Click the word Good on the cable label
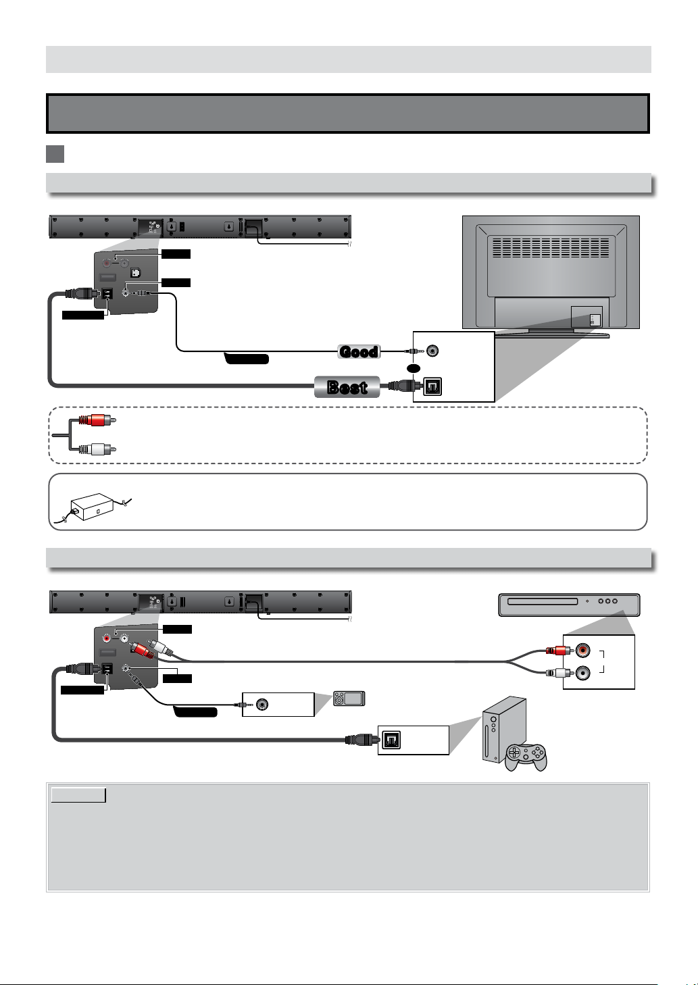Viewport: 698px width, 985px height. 359,352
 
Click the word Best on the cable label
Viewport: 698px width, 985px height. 347,387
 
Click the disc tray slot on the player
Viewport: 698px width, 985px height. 543,601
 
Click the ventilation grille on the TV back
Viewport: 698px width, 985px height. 550,247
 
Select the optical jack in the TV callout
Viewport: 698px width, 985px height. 432,387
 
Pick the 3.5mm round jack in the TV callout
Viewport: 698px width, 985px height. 432,351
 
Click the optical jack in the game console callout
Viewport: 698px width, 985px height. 392,740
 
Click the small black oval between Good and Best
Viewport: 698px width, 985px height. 414,369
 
